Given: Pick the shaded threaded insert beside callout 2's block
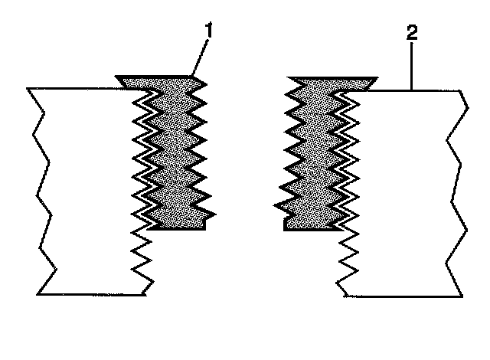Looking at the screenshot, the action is click(x=314, y=153).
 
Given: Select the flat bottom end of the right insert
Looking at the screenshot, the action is click(x=310, y=227).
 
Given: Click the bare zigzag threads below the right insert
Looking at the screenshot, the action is click(x=346, y=260).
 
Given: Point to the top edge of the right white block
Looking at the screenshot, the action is click(x=417, y=91).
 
